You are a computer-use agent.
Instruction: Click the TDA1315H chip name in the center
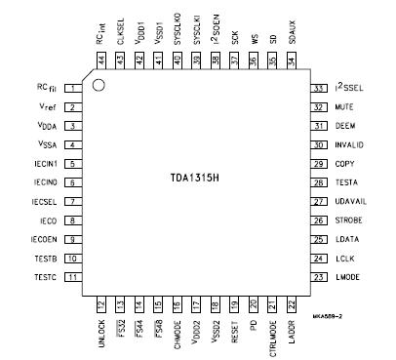[196, 181]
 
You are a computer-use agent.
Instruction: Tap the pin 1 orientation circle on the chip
[99, 92]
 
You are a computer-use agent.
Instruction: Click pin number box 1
[73, 88]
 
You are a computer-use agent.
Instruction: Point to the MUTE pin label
[343, 106]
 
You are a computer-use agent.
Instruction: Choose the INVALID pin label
[349, 143]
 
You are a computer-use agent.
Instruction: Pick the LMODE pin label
[346, 277]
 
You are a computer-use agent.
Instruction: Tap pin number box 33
[318, 88]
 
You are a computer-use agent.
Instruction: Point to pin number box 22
[292, 305]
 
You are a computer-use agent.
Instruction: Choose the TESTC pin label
[45, 277]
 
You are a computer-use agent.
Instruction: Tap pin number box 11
[73, 277]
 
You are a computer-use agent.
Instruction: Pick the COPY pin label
[342, 163]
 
